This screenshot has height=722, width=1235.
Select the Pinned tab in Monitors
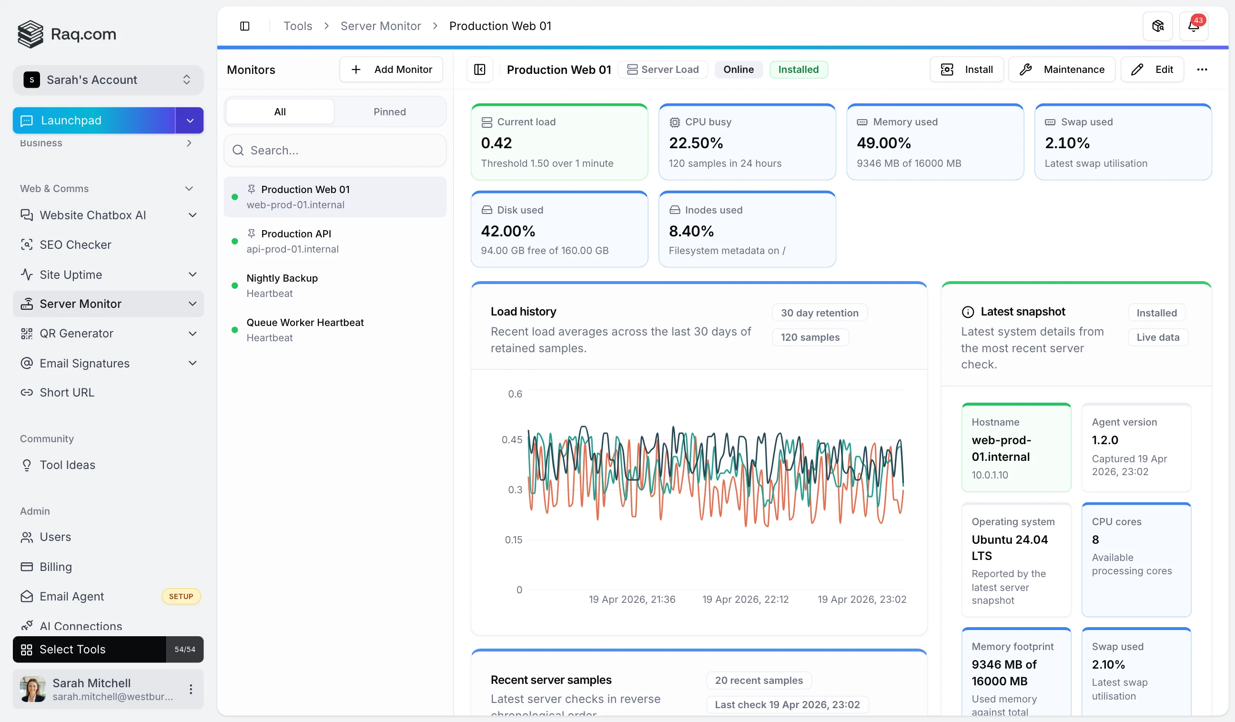click(389, 112)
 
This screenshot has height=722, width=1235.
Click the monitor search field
click(335, 151)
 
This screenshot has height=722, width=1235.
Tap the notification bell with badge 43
click(1194, 26)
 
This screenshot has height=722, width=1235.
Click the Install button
click(966, 70)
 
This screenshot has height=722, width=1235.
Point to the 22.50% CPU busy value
click(696, 143)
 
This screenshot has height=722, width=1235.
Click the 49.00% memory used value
click(884, 143)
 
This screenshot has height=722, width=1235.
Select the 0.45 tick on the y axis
click(512, 440)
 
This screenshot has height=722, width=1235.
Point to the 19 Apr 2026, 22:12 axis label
click(745, 599)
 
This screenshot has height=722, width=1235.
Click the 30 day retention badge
click(820, 313)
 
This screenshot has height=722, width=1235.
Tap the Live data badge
click(1157, 337)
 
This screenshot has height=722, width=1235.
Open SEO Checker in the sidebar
click(75, 244)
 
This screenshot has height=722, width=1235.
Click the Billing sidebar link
click(55, 567)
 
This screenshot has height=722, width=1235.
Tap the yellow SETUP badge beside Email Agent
click(181, 597)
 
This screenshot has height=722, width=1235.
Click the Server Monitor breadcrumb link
click(380, 26)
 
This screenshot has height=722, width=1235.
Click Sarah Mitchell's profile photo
click(32, 689)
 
